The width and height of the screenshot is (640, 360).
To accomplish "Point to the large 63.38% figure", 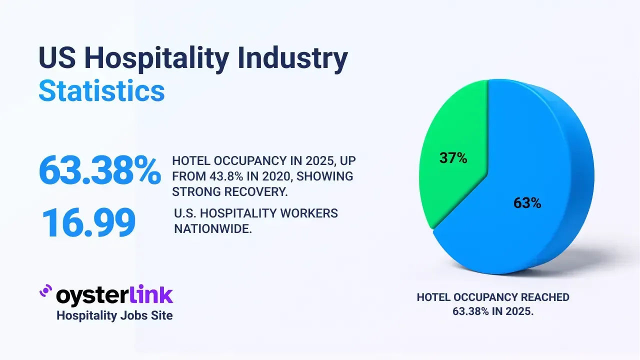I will coord(99,170).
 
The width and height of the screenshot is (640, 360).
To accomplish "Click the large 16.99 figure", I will coord(88,222).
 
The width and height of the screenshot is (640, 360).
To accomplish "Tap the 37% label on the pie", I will coord(453,158).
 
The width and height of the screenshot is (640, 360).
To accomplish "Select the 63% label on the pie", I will coord(527,203).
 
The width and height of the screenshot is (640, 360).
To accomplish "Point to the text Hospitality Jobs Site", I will coord(114,315).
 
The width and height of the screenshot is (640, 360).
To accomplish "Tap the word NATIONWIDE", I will coord(212,229).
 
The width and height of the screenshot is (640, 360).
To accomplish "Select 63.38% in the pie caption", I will coord(472,310).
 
